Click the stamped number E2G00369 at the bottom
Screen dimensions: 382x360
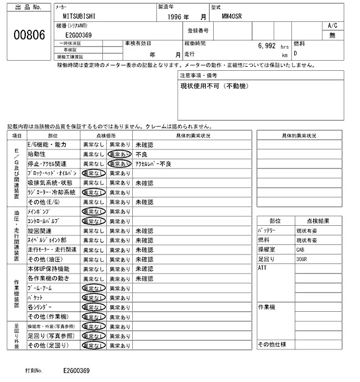click(76, 371)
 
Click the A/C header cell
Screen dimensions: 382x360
click(332, 26)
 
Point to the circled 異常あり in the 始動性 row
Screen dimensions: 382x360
click(120, 154)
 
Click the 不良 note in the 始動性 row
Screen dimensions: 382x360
click(141, 154)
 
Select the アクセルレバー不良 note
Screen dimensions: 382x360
click(154, 163)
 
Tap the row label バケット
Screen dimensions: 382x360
click(35, 297)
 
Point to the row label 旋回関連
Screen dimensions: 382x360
click(39, 231)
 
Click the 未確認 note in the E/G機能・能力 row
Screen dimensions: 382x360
click(145, 144)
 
